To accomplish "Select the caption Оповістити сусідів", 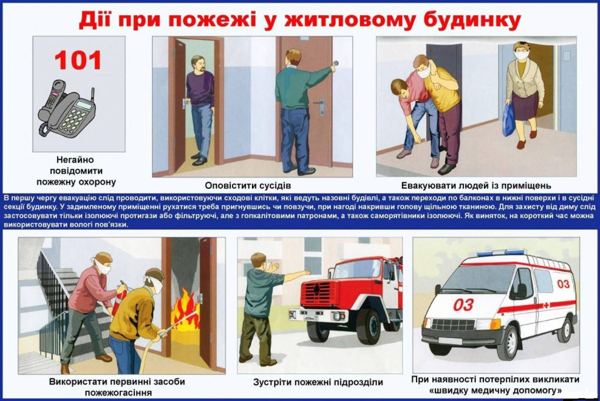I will pyautogui.click(x=248, y=185).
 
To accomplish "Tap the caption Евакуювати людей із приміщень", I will pyautogui.click(x=476, y=185).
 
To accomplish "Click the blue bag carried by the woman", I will pyautogui.click(x=508, y=120).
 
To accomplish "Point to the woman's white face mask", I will pyautogui.click(x=521, y=55).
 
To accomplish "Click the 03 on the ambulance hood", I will pyautogui.click(x=463, y=304).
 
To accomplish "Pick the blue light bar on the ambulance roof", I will pyautogui.click(x=500, y=253).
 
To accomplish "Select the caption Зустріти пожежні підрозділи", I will pyautogui.click(x=318, y=382).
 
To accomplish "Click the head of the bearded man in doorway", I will pyautogui.click(x=199, y=63).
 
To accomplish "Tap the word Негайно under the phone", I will pyautogui.click(x=78, y=160).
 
